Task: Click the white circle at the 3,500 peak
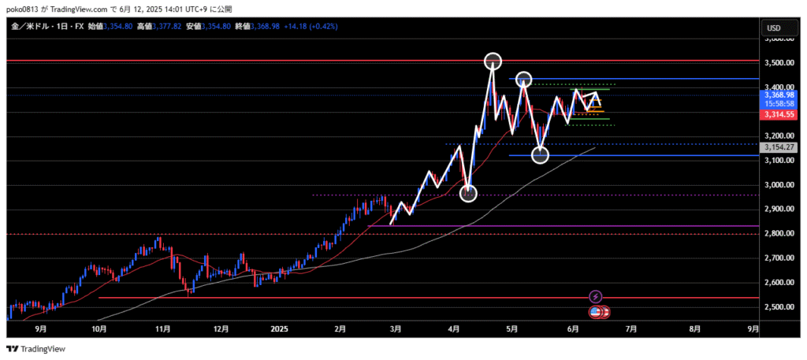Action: click(493, 61)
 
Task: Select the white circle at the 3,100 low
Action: click(540, 155)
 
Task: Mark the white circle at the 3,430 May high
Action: click(524, 79)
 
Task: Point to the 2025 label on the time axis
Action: click(280, 329)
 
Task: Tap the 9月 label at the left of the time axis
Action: click(40, 329)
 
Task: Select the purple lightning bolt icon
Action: click(596, 296)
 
